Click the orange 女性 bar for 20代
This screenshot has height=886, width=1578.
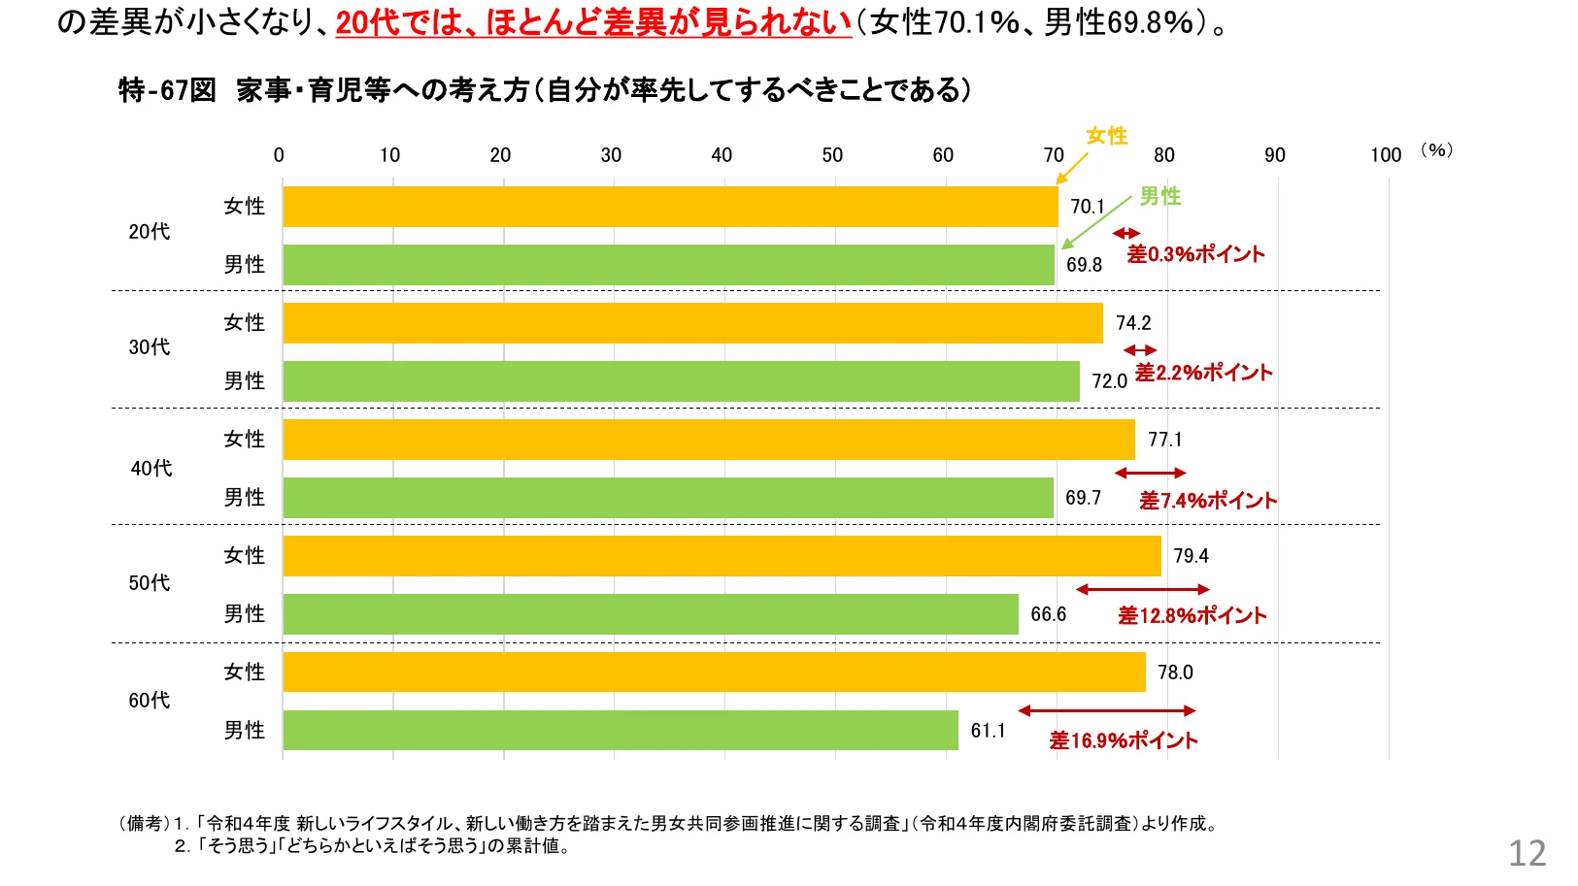(670, 207)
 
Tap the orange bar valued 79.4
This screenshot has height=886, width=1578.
(722, 556)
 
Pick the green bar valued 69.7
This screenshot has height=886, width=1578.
(668, 498)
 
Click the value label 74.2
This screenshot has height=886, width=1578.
(1133, 323)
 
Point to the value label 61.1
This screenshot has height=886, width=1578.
(988, 731)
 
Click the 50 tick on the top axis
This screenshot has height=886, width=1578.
(832, 155)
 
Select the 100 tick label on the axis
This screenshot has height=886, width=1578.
(1386, 155)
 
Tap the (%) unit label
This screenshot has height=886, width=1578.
(1436, 149)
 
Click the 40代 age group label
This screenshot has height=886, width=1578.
(151, 469)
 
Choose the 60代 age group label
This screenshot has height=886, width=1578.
(150, 701)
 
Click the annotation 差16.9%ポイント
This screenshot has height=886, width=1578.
(1124, 741)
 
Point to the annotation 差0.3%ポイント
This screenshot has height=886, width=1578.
(1195, 254)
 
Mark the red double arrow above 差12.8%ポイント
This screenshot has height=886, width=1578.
(1143, 589)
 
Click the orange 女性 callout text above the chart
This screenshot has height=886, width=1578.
(1106, 136)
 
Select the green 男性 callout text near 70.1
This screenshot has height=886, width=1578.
(1159, 196)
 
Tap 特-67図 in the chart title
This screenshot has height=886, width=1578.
(167, 90)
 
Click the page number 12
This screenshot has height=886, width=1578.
(1527, 853)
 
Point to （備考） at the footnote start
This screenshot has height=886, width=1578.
(144, 824)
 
